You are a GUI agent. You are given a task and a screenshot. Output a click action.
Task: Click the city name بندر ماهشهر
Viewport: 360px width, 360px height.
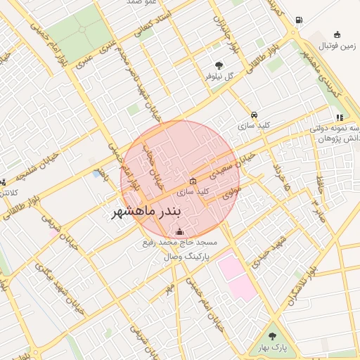click(x=147, y=211)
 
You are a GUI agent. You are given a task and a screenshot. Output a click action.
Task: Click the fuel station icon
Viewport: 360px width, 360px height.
click(x=300, y=20)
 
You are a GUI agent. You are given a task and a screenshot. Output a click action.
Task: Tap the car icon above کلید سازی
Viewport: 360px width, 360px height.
click(x=254, y=115)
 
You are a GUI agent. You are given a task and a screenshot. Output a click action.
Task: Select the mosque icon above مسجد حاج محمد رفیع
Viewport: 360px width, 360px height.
click(x=179, y=231)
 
